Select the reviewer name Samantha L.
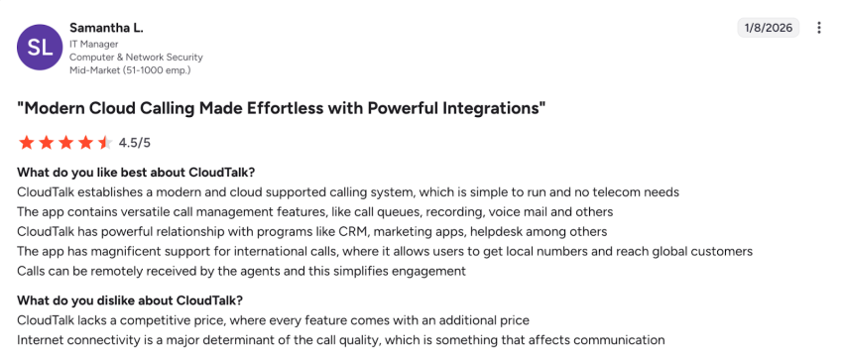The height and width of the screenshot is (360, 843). tap(107, 27)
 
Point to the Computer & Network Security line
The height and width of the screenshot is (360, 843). tap(136, 58)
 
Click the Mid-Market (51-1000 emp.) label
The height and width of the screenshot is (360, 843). tap(129, 70)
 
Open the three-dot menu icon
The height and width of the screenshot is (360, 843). tap(819, 28)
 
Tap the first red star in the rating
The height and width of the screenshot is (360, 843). tap(26, 143)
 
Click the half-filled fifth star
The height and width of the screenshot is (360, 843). tap(104, 143)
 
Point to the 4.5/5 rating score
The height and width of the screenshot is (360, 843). tap(135, 143)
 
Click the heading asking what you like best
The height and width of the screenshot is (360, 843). tap(136, 173)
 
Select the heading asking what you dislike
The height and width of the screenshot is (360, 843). tap(130, 300)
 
